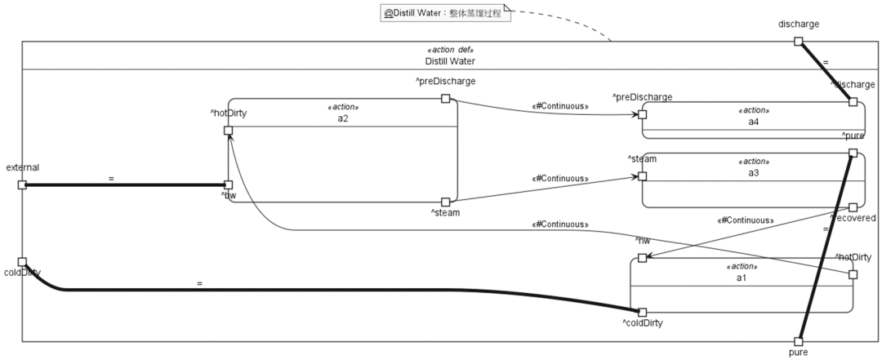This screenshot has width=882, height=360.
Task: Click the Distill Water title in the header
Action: (x=450, y=61)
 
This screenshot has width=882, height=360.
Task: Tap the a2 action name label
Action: (x=343, y=118)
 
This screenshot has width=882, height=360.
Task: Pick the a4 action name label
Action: (x=753, y=122)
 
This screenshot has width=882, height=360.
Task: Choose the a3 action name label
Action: (x=753, y=173)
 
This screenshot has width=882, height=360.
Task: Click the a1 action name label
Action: (x=742, y=278)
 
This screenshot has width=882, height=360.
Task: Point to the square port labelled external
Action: (x=22, y=184)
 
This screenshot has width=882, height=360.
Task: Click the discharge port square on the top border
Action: (x=799, y=41)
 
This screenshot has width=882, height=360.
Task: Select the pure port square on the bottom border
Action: (x=799, y=341)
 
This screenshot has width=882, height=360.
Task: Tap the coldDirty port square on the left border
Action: (x=22, y=262)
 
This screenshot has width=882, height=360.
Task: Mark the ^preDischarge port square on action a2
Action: (x=446, y=99)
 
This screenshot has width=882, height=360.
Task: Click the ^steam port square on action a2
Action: (x=446, y=202)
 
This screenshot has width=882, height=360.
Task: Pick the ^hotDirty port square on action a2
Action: (x=229, y=130)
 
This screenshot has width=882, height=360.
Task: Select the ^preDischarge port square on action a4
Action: (x=643, y=114)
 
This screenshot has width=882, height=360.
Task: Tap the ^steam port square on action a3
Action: (x=643, y=176)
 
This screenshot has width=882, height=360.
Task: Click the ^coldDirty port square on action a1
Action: (x=643, y=312)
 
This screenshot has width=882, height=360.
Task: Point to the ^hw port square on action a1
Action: (x=643, y=258)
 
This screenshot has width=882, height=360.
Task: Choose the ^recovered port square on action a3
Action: (x=853, y=207)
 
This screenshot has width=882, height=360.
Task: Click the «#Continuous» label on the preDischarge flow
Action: (x=560, y=105)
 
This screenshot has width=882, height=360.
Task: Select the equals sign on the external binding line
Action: (x=110, y=177)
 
